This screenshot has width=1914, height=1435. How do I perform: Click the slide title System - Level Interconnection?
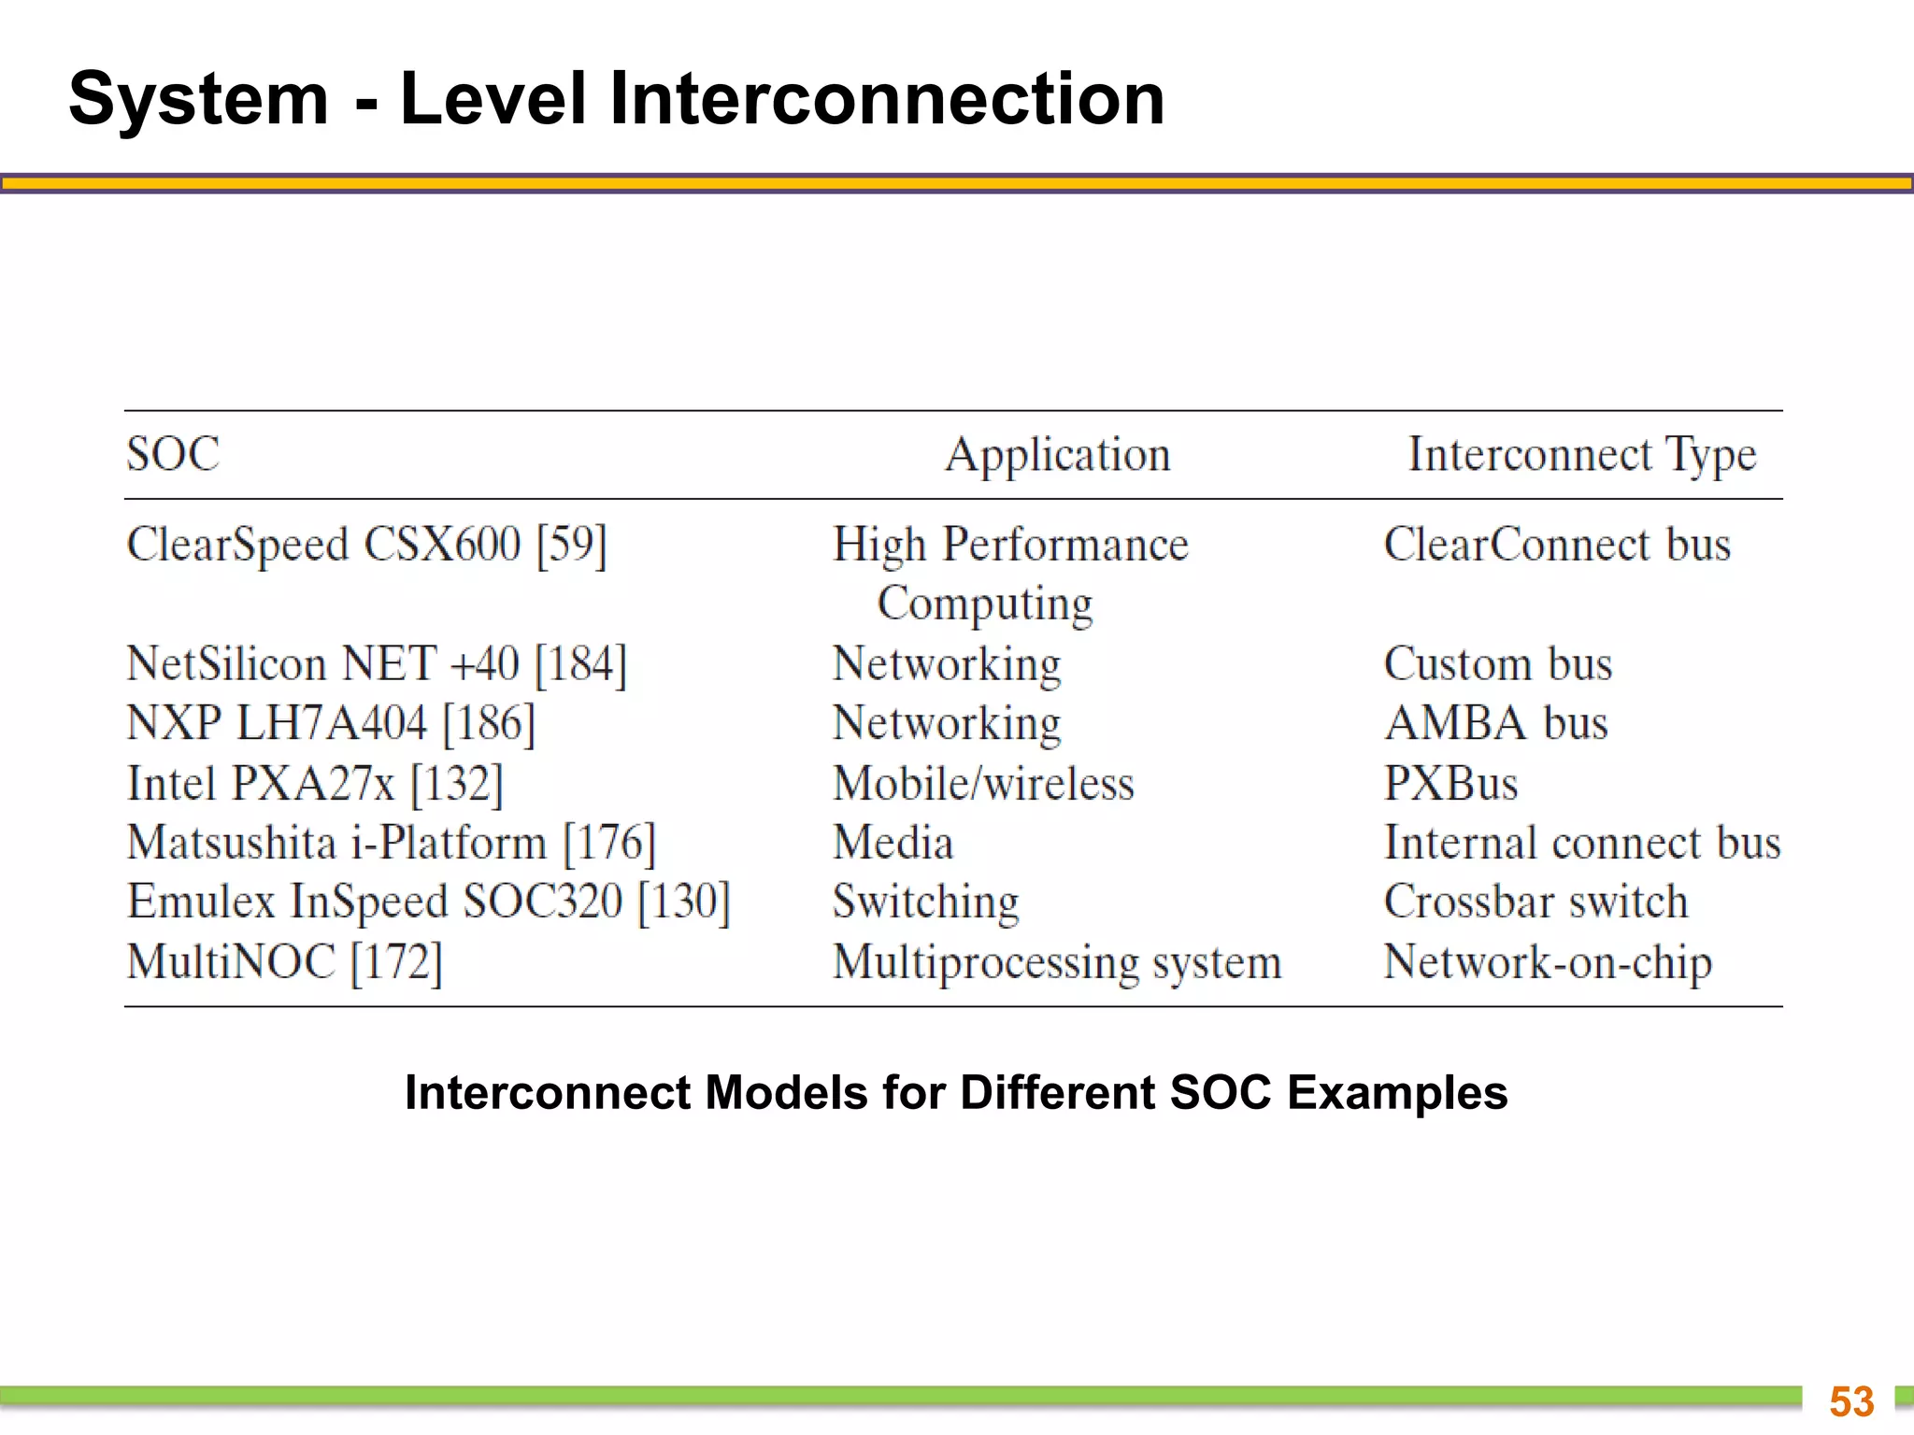[x=617, y=99]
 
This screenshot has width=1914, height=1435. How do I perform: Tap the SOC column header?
[x=173, y=455]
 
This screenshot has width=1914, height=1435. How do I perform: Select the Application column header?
[x=1057, y=456]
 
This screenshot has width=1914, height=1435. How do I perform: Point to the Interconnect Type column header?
[x=1581, y=456]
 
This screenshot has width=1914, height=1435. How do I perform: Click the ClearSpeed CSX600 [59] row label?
[x=366, y=545]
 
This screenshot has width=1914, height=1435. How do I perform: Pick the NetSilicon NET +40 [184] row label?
[x=377, y=664]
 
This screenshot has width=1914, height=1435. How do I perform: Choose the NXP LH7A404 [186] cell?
[x=331, y=724]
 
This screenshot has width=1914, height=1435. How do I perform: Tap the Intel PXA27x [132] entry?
[x=315, y=784]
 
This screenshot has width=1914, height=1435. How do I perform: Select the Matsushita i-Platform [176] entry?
[x=392, y=843]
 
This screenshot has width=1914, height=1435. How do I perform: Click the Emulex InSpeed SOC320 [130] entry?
[x=428, y=902]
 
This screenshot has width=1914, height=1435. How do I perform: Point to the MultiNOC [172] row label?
[x=284, y=962]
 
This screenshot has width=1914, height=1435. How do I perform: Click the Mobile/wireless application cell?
[x=983, y=784]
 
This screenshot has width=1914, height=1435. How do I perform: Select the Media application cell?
[x=893, y=843]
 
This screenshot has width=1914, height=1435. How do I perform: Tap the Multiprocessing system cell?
[x=1057, y=962]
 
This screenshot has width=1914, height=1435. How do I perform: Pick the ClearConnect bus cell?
[x=1557, y=545]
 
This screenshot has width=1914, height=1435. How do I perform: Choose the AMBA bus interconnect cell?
[x=1496, y=724]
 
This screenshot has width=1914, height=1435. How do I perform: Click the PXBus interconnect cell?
[x=1450, y=784]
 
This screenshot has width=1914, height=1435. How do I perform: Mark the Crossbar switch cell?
[x=1535, y=902]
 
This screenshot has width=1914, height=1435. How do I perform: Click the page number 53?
[x=1851, y=1401]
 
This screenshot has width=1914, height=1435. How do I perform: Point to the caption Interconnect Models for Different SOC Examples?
[x=956, y=1092]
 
